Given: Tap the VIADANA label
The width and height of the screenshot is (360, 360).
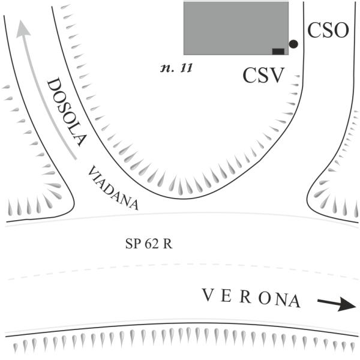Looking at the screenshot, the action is pyautogui.click(x=113, y=187).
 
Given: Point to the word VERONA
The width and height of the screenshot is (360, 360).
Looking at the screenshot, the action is pyautogui.click(x=251, y=298).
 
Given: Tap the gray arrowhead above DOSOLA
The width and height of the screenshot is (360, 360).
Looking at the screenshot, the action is pyautogui.click(x=22, y=28).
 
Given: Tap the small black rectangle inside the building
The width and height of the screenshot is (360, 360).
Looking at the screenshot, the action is pyautogui.click(x=278, y=51).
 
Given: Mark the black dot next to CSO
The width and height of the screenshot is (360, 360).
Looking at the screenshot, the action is pyautogui.click(x=293, y=44).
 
